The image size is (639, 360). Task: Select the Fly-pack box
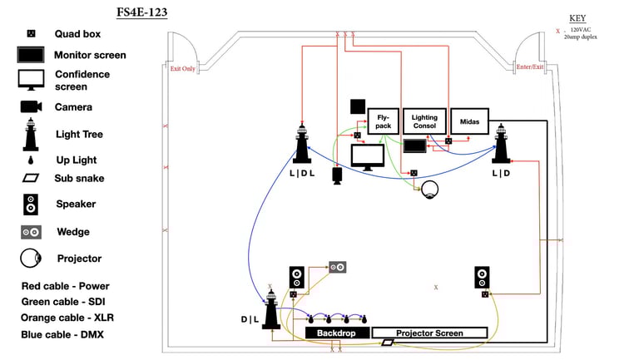[383, 121]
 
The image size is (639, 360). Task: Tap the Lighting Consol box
[424, 121]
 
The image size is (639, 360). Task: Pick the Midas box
[469, 121]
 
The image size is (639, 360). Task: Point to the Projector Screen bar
[441, 333]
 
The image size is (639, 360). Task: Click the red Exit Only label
[183, 69]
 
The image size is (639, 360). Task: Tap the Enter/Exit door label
[529, 67]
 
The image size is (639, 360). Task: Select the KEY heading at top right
[577, 18]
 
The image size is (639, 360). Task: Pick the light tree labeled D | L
[271, 307]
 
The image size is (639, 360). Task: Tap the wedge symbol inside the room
[338, 267]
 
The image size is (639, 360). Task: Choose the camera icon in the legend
[32, 106]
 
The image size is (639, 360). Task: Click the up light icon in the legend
[31, 159]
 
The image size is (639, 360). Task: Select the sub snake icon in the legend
[31, 178]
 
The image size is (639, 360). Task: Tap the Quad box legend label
[77, 34]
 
